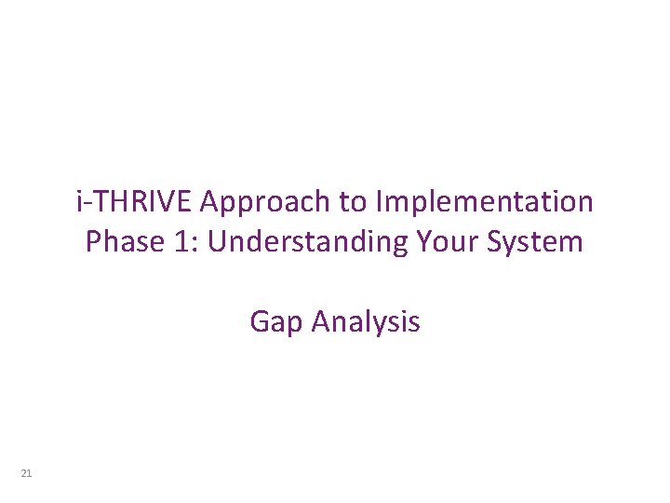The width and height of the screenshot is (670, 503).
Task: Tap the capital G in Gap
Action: coord(260,322)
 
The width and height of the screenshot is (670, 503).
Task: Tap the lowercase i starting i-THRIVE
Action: coord(80,201)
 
